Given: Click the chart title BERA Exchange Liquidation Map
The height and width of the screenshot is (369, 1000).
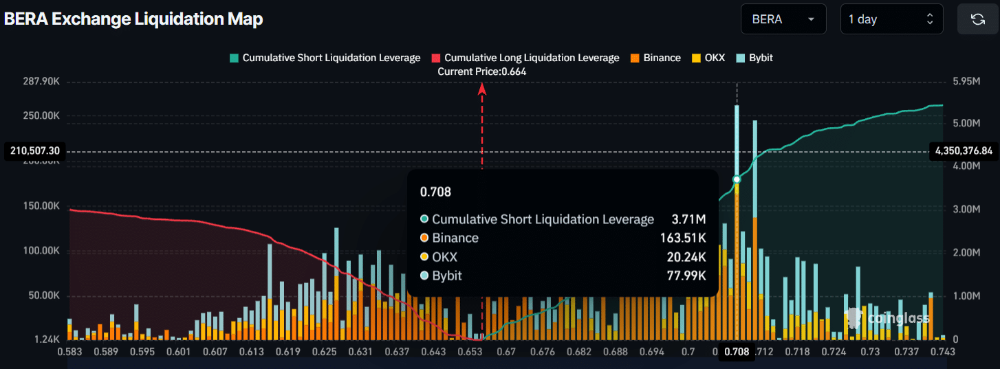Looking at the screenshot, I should click(133, 19).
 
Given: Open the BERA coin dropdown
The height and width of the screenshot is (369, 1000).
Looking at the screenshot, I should click(783, 19).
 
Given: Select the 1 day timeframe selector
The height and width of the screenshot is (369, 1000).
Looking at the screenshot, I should click(891, 19).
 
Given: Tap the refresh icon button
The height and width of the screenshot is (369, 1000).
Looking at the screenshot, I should click(977, 19).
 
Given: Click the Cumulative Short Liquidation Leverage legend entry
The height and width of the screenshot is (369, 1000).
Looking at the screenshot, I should click(325, 58).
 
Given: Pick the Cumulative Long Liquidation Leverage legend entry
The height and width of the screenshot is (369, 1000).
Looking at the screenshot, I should click(525, 58).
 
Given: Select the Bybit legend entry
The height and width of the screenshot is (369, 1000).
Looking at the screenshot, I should click(754, 58).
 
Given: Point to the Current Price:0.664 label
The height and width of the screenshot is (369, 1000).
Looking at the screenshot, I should click(482, 71).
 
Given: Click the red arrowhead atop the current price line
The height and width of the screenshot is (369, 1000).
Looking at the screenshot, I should click(482, 88).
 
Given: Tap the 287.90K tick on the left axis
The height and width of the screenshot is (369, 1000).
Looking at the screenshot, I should click(41, 82).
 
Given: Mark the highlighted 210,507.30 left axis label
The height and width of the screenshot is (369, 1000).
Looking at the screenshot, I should click(35, 151).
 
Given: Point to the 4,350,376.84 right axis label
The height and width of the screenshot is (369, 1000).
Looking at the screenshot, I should click(964, 151).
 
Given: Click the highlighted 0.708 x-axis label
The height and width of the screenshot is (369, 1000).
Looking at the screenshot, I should click(737, 353).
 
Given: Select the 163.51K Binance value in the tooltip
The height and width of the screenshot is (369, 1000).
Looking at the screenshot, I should click(683, 238).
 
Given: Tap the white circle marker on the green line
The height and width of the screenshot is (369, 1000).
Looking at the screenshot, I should click(737, 179).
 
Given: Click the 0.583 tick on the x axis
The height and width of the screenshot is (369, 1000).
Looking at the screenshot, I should click(67, 353).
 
